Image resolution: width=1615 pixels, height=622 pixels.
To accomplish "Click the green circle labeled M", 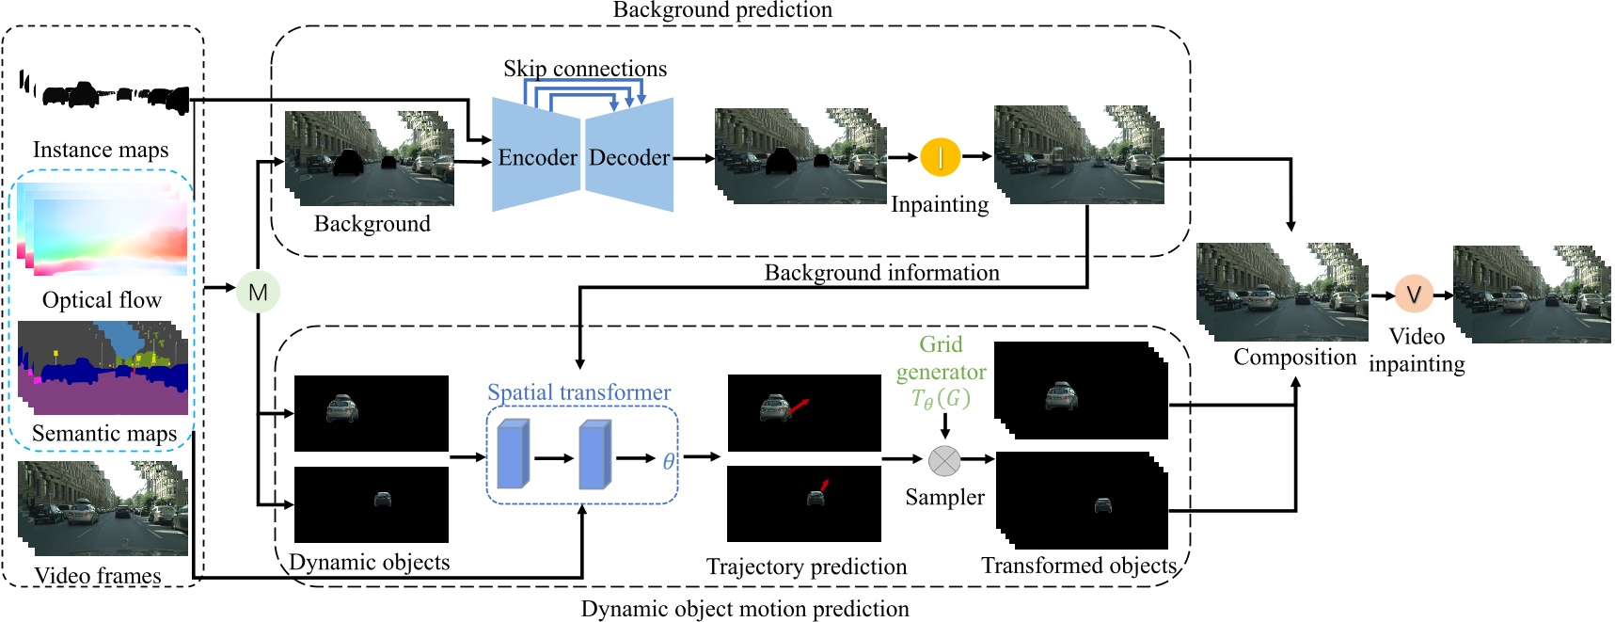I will (258, 292).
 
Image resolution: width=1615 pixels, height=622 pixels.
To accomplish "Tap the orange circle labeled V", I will (1413, 295).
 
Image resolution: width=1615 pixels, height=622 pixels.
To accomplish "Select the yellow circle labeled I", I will (940, 157).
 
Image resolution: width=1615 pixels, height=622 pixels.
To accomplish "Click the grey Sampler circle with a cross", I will (944, 460).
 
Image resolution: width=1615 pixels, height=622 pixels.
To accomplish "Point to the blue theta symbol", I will (668, 461).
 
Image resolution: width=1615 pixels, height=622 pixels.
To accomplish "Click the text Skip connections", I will (584, 69).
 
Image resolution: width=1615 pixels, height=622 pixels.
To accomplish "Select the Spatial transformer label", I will (578, 392).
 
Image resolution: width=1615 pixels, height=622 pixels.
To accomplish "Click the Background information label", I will (881, 273).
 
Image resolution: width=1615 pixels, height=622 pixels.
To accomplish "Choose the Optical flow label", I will (102, 300).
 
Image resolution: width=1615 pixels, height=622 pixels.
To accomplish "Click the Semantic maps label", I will (103, 434).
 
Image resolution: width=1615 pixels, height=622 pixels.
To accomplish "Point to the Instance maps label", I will (101, 150).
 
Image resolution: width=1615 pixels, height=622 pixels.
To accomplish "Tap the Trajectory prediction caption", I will (806, 566).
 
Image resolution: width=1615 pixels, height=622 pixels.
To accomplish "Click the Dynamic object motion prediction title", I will (744, 609).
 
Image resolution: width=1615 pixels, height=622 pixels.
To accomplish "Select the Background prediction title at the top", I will (721, 10).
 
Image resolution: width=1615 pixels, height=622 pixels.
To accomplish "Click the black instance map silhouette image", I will (103, 95).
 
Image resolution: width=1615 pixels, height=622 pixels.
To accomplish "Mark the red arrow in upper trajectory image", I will (799, 406).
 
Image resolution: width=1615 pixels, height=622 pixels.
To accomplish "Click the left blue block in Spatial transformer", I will (513, 455).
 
